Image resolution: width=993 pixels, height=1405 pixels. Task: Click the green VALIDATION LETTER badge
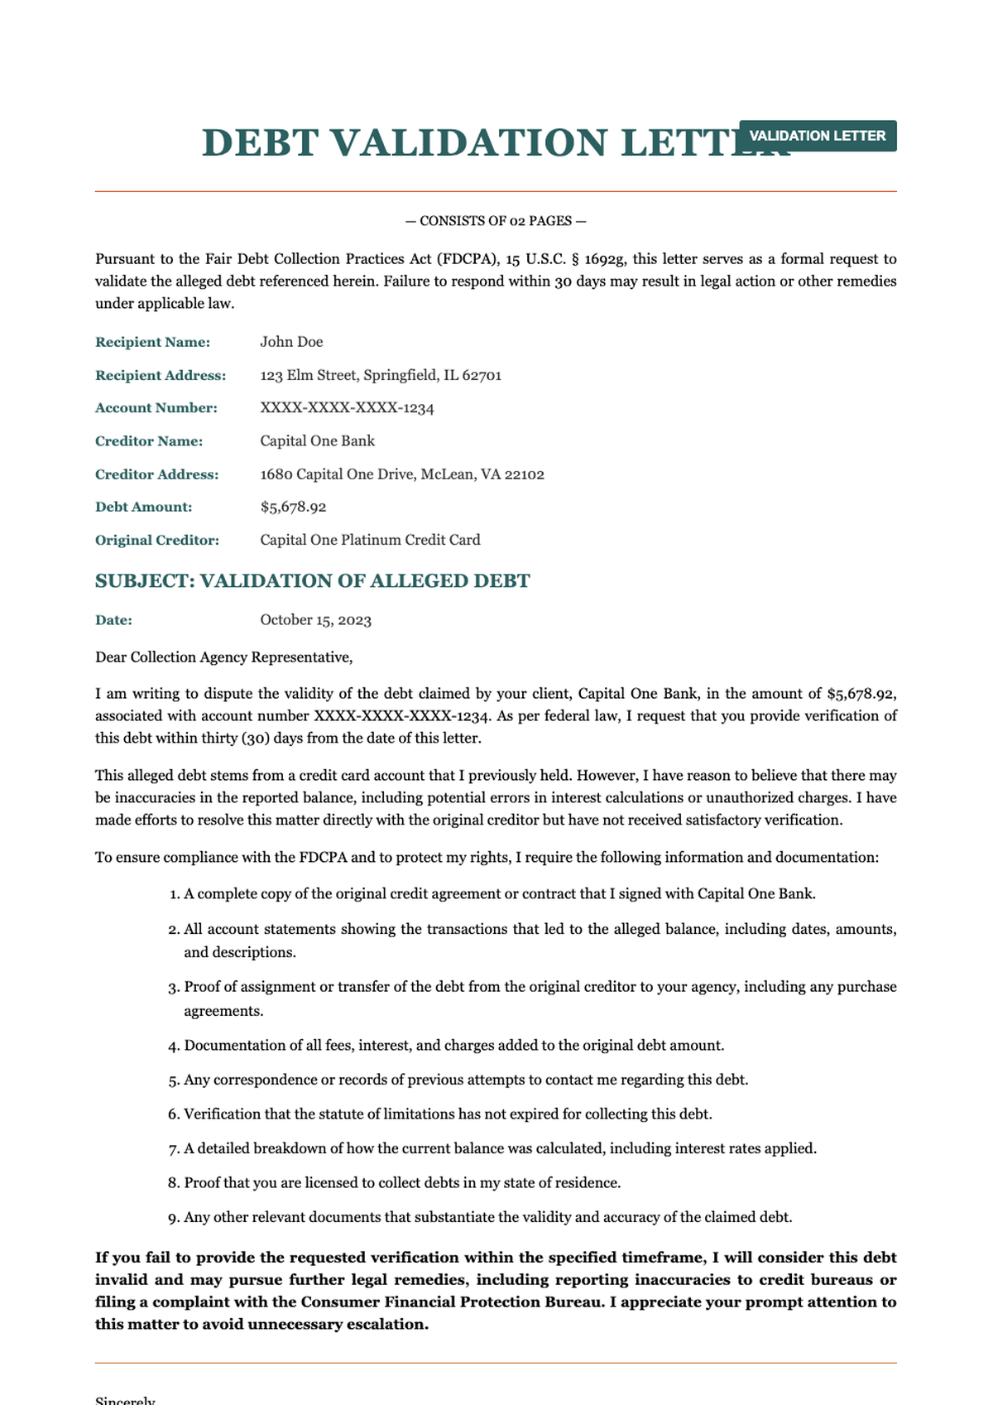tap(817, 136)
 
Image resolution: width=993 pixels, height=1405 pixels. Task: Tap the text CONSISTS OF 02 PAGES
tap(496, 221)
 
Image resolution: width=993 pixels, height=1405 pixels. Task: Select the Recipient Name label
tap(152, 342)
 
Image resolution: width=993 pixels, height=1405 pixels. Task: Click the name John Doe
tap(291, 342)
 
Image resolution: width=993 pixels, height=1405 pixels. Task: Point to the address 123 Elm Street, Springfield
tap(381, 375)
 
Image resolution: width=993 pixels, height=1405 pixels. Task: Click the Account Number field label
tap(156, 407)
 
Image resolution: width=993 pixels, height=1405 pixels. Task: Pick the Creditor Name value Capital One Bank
tap(317, 440)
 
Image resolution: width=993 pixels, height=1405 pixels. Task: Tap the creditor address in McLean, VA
tap(401, 474)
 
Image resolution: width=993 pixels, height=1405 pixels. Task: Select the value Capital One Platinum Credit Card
tap(370, 540)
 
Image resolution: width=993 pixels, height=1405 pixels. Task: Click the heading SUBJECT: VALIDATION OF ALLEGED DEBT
tap(312, 580)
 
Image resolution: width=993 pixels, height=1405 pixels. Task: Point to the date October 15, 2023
tap(315, 619)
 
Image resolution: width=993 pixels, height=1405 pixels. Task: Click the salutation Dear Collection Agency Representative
tap(223, 657)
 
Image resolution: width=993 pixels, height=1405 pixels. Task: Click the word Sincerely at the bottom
tap(125, 1399)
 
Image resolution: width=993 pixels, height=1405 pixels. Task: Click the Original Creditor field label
tap(156, 540)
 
